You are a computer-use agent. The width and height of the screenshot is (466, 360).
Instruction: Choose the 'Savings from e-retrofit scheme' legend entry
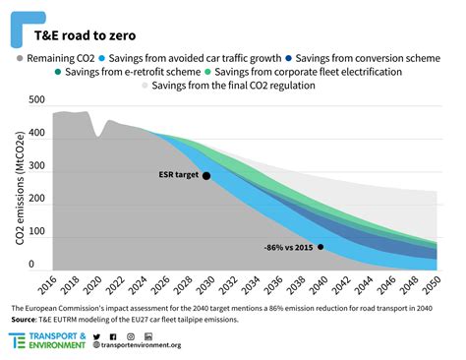132,73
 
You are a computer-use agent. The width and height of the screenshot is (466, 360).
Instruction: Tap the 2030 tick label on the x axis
206,286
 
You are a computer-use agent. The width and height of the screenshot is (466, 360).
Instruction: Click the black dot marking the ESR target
206,176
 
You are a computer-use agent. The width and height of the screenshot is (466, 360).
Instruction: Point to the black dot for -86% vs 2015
320,247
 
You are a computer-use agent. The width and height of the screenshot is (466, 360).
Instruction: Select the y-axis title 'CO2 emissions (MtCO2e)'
16,187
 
